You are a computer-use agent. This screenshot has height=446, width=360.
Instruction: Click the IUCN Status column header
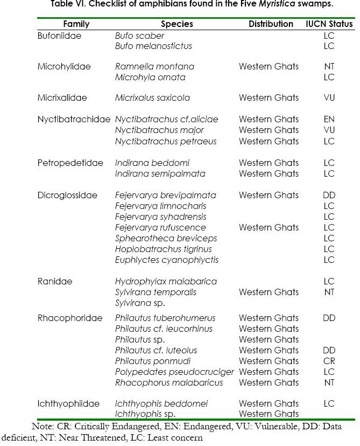tap(329, 24)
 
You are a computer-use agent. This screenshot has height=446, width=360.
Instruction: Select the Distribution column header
tap(271, 24)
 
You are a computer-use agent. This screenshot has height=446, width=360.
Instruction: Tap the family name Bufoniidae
tap(57, 36)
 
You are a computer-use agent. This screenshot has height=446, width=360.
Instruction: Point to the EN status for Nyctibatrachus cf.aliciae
tap(329, 120)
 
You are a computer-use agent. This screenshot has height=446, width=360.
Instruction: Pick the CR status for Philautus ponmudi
tap(329, 361)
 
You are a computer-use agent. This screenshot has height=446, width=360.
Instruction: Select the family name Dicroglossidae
tap(67, 195)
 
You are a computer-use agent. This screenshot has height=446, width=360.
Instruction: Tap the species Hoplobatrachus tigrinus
tap(163, 249)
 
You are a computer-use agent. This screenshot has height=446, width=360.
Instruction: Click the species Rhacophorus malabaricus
tap(169, 382)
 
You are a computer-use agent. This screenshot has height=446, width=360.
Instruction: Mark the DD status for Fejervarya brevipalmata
tap(329, 195)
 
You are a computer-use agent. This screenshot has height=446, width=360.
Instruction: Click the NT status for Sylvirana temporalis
tap(329, 292)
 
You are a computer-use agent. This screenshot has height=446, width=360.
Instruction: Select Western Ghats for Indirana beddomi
tap(269, 163)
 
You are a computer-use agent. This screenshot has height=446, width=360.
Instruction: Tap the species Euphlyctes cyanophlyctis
tap(167, 260)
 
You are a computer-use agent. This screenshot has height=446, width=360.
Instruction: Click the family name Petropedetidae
tap(70, 163)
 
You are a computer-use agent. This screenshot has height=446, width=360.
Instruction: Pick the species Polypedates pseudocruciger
tap(174, 372)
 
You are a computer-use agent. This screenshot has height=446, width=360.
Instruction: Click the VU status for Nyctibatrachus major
tap(329, 130)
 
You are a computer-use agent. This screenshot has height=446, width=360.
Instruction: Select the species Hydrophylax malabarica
tap(166, 281)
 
